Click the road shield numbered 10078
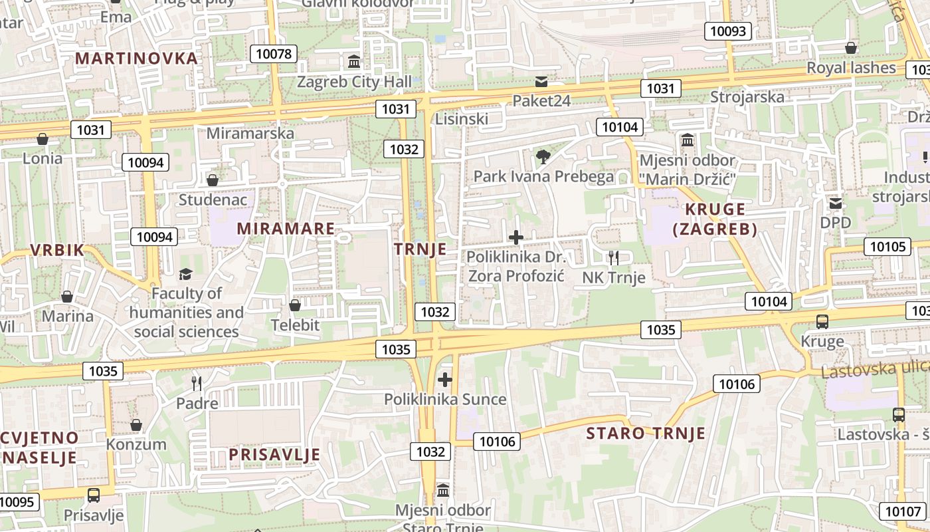273,54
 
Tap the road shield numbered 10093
729,31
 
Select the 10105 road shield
887,247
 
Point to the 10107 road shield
901,511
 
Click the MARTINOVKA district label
136,58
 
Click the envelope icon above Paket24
541,82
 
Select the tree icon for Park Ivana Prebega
543,157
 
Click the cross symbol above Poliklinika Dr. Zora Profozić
515,237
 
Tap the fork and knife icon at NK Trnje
614,257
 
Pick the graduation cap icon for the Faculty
185,274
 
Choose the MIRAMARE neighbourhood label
286,229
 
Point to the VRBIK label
57,251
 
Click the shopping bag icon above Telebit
295,305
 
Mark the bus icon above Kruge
822,322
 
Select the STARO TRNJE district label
645,434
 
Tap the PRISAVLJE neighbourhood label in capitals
274,455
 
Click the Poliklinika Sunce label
445,400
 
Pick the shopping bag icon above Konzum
136,425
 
